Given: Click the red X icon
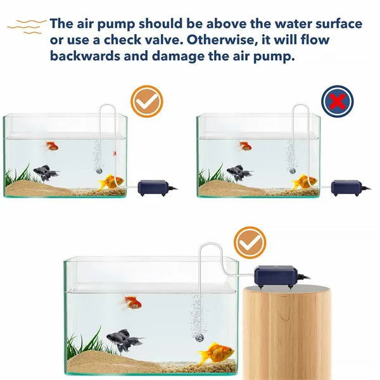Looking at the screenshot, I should [337, 101].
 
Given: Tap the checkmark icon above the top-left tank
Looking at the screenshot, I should [146, 101].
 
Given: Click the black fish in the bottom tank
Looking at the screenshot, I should [123, 339].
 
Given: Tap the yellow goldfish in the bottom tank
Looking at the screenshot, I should [216, 353].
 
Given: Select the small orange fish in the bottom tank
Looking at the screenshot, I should [132, 302].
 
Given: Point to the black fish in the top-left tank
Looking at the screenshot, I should [46, 172].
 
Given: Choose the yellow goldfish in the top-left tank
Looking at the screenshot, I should [112, 182].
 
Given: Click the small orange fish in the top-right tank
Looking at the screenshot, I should [245, 146].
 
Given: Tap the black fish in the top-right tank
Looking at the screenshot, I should [239, 172].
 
